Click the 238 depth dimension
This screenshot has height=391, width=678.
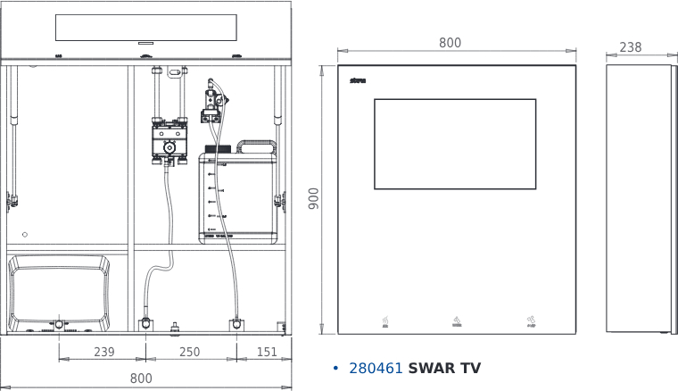[x=631, y=47]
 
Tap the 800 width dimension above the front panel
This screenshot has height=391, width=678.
[x=451, y=43]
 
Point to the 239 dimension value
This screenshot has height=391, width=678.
[x=104, y=353]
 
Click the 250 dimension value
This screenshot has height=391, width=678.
[x=190, y=353]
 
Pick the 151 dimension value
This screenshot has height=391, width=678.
[x=267, y=353]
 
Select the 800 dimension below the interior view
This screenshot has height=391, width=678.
[x=141, y=379]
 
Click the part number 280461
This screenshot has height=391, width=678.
[x=376, y=368]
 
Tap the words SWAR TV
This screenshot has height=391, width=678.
[x=444, y=368]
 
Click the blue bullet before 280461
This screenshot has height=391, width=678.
[x=335, y=369]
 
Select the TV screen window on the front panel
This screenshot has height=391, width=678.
[x=454, y=144]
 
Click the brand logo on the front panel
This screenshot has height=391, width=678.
[x=359, y=79]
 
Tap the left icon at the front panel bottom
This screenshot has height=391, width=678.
[x=384, y=321]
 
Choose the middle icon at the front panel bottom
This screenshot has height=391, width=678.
[x=456, y=321]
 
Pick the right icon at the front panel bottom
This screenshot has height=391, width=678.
[x=530, y=321]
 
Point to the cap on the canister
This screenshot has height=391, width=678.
[x=217, y=149]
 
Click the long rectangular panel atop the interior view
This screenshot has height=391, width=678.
[x=146, y=27]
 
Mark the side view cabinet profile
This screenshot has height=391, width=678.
[x=638, y=199]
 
